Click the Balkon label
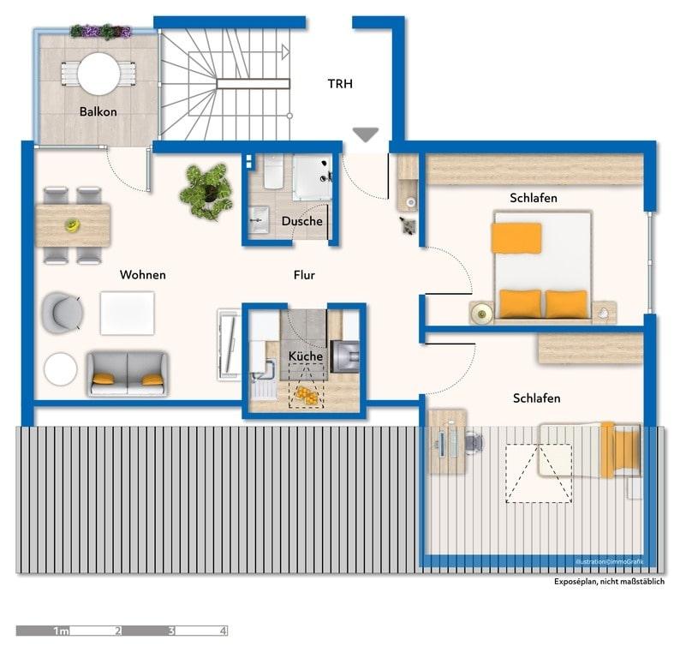tap(98, 111)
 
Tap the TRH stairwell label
tap(340, 84)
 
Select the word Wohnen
tap(143, 275)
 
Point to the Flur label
tap(304, 275)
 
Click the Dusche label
tap(301, 221)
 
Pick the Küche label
tap(305, 356)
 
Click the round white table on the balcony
tap(98, 74)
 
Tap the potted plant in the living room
tap(207, 191)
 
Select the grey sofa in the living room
tap(128, 374)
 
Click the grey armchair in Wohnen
tap(62, 313)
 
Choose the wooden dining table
tap(73, 225)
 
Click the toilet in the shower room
tap(273, 172)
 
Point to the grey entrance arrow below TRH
tap(366, 135)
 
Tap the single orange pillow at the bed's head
tap(516, 237)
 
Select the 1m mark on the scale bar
tap(61, 631)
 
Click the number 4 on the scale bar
tap(223, 631)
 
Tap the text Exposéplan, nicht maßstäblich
tap(609, 581)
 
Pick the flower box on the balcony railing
tap(100, 31)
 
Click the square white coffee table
tap(127, 314)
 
